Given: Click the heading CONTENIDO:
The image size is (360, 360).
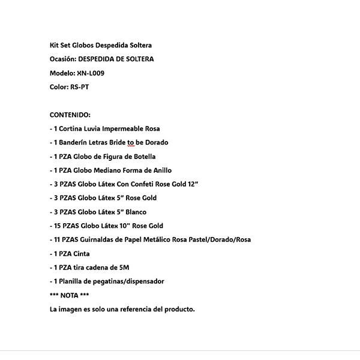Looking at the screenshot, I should coord(70,115).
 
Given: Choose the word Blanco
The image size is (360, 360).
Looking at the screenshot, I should coord(135,212).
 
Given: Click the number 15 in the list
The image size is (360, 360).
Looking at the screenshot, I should coord(58,226).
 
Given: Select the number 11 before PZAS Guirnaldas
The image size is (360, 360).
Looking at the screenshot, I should coord(58,239).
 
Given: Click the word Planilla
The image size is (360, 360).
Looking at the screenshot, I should coord(71,281).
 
